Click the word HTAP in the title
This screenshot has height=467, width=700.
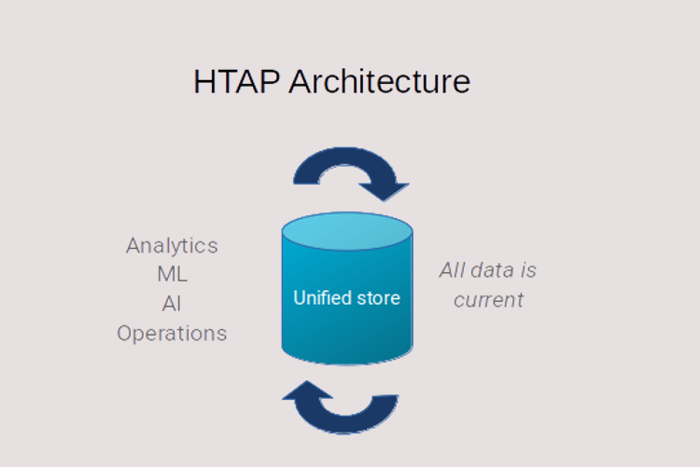click(x=237, y=82)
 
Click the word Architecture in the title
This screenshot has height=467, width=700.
click(x=380, y=82)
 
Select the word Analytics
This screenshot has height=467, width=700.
click(x=172, y=246)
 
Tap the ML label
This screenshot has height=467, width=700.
click(x=173, y=274)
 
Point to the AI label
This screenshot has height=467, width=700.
click(x=172, y=304)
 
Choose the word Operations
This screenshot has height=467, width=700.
click(x=172, y=334)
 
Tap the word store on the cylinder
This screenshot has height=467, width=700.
click(x=377, y=298)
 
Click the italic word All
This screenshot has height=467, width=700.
click(x=453, y=270)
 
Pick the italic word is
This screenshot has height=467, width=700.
click(x=526, y=270)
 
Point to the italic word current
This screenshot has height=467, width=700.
click(x=488, y=300)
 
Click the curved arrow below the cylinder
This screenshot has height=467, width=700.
click(x=346, y=425)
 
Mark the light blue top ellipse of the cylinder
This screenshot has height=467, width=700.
click(x=347, y=231)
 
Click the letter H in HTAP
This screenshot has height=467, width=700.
click(x=203, y=82)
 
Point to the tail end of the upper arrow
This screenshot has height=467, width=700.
click(x=306, y=181)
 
